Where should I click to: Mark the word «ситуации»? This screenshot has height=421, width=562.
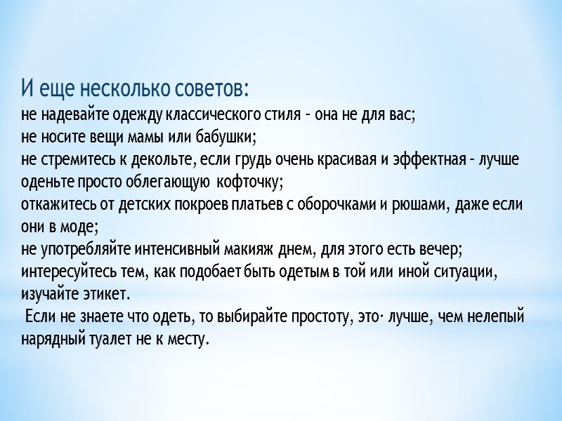pyautogui.click(x=462, y=272)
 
